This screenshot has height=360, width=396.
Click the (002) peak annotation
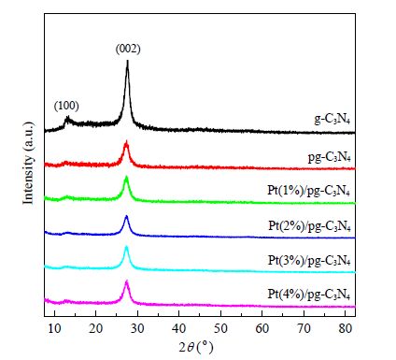click(128, 49)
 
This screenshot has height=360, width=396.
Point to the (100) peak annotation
click(66, 106)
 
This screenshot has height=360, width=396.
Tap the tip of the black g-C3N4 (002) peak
click(127, 61)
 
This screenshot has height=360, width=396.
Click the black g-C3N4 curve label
click(332, 120)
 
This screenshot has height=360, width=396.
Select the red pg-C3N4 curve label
click(330, 157)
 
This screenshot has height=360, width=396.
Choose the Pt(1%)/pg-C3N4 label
click(309, 191)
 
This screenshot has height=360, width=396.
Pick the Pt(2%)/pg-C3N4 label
click(309, 225)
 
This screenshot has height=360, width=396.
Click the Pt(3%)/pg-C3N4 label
click(309, 260)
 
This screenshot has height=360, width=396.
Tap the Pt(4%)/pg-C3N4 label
click(309, 295)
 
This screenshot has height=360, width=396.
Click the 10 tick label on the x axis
click(54, 328)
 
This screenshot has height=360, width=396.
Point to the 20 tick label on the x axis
click(96, 328)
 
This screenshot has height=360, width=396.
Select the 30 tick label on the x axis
click(137, 328)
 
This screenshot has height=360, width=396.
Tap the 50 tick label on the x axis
click(220, 328)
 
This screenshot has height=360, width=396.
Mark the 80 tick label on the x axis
click(346, 328)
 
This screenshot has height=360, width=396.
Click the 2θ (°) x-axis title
click(196, 347)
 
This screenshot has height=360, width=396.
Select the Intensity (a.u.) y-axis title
click(28, 163)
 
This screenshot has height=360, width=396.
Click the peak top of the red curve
click(126, 142)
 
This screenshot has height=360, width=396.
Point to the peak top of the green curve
click(126, 178)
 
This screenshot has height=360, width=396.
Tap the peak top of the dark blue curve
click(126, 216)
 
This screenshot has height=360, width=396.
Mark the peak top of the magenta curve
click(127, 281)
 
